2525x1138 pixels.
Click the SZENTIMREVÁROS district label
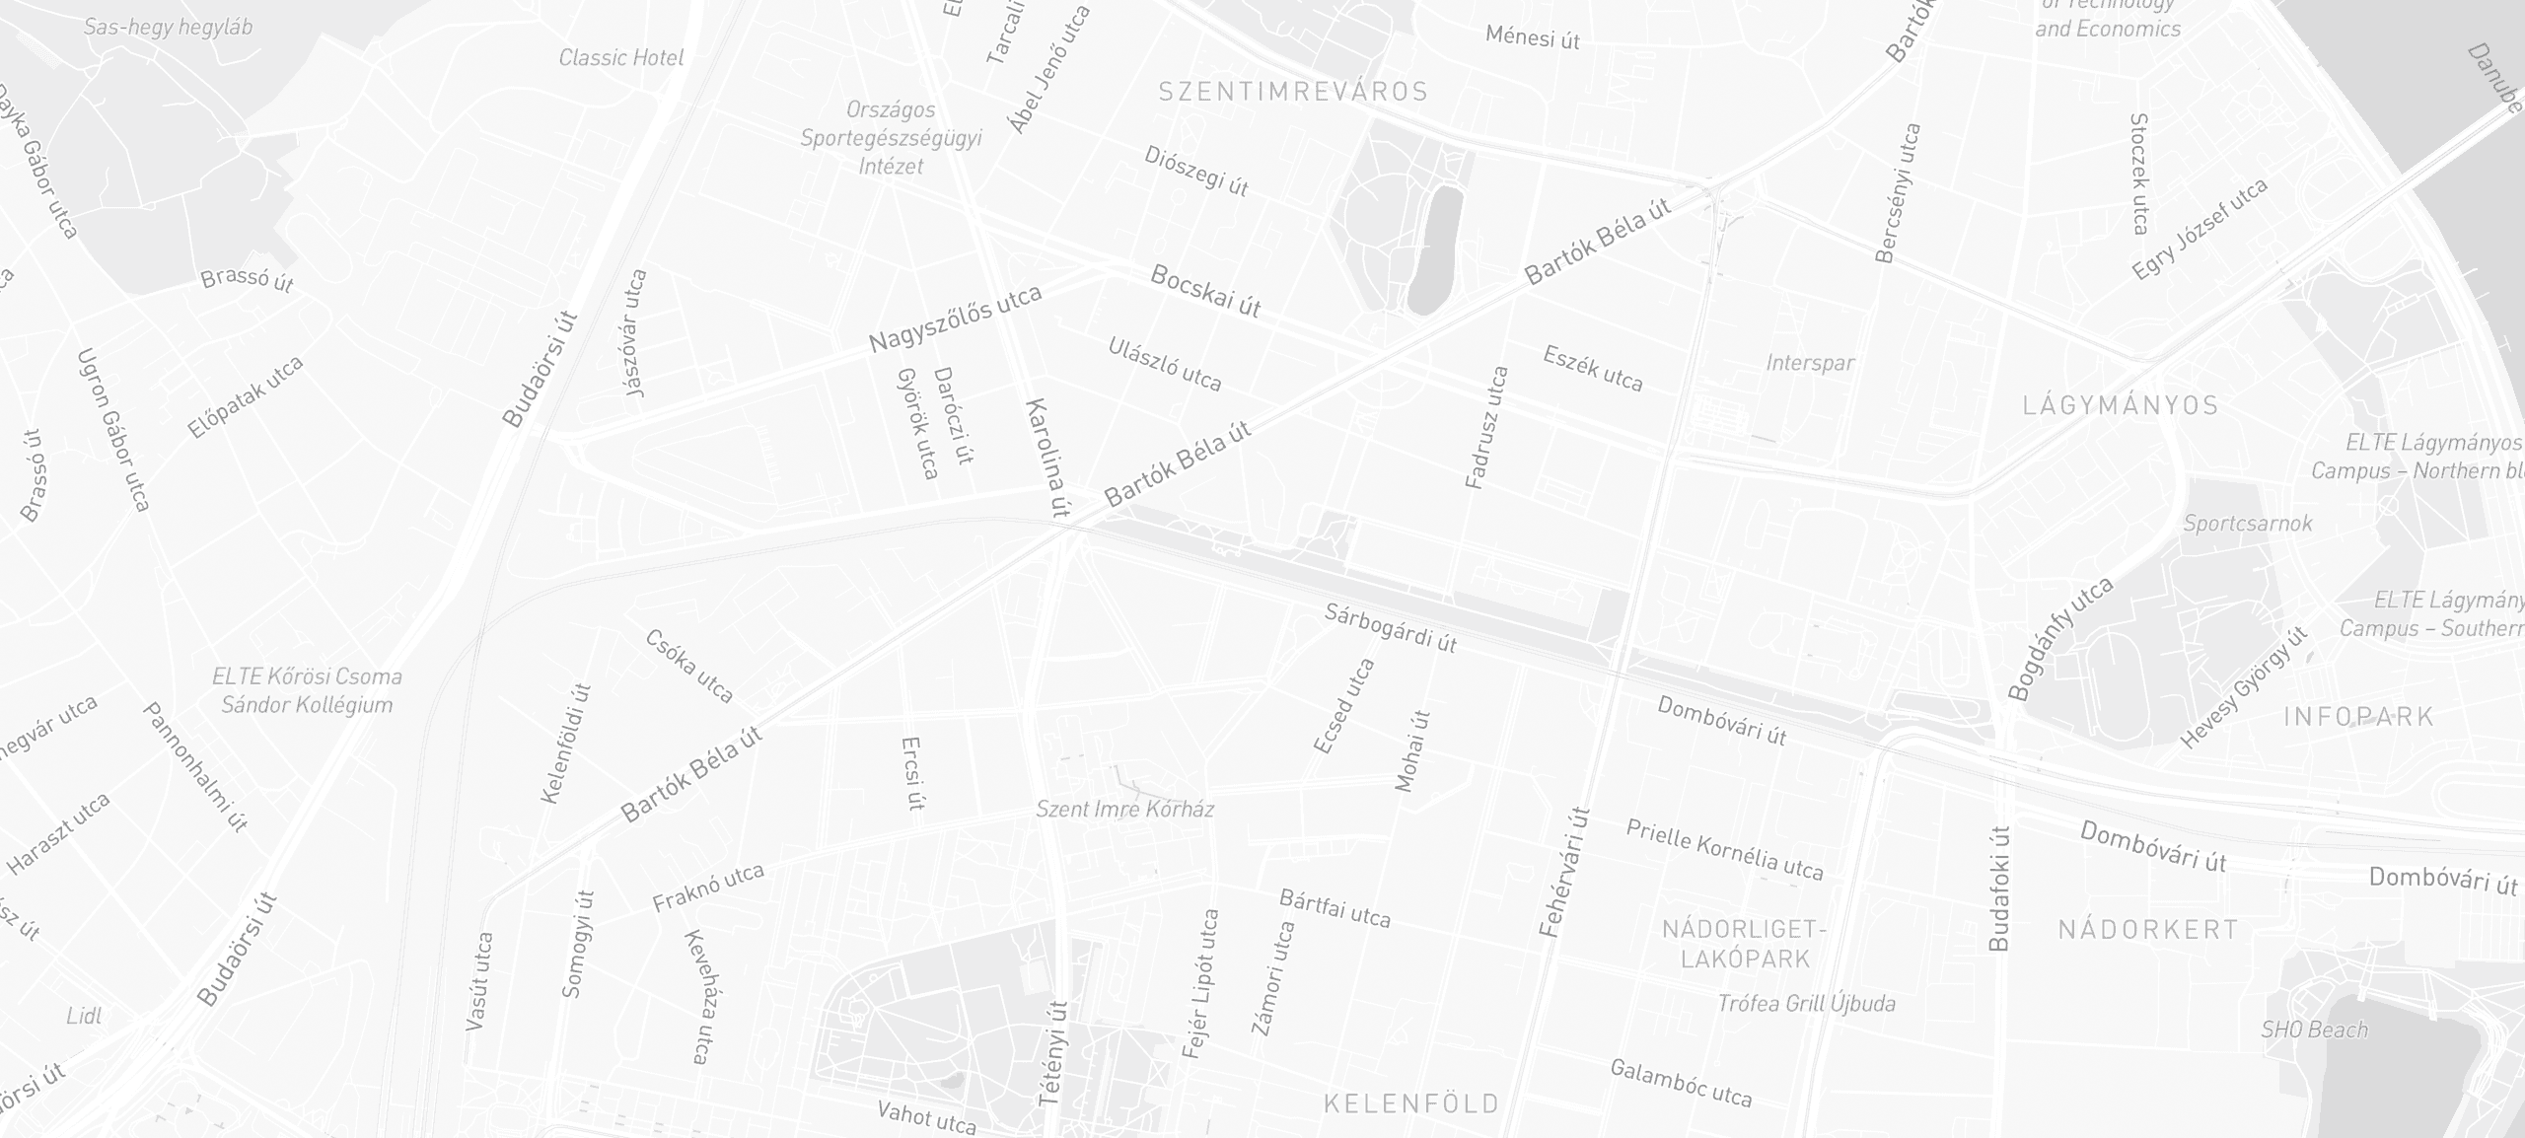[1293, 92]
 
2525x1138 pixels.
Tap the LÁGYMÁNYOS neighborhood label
[2120, 405]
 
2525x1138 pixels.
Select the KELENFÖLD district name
[1411, 1102]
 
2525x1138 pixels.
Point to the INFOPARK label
[2359, 717]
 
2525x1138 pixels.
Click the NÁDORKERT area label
[2147, 929]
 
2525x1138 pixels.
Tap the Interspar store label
[1810, 363]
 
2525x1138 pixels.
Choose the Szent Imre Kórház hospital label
[1124, 810]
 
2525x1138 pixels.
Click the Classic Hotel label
[620, 57]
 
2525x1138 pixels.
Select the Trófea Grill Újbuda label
[1806, 1004]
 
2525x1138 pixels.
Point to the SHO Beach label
[2314, 1030]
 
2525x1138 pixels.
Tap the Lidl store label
[84, 1016]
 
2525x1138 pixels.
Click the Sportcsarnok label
[2247, 523]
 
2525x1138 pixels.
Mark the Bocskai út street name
[1205, 291]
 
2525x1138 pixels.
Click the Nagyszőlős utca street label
[955, 319]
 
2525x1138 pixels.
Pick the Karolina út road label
[1047, 458]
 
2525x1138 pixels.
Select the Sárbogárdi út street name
[1390, 628]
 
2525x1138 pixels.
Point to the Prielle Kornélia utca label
[1724, 848]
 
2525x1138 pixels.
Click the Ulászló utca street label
[1165, 364]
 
